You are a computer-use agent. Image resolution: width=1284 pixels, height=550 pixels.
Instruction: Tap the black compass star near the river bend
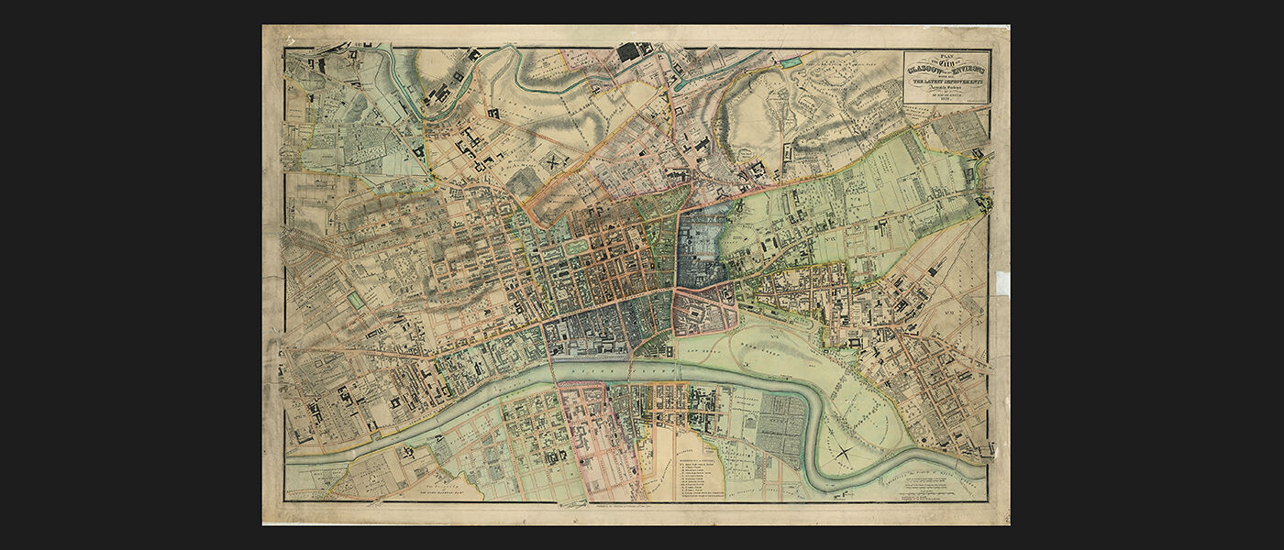tap(842, 449)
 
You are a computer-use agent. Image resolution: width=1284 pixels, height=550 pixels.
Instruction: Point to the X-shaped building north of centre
tap(554, 159)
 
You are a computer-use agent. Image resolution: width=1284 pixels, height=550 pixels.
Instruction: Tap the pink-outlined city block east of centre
tap(706, 312)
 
